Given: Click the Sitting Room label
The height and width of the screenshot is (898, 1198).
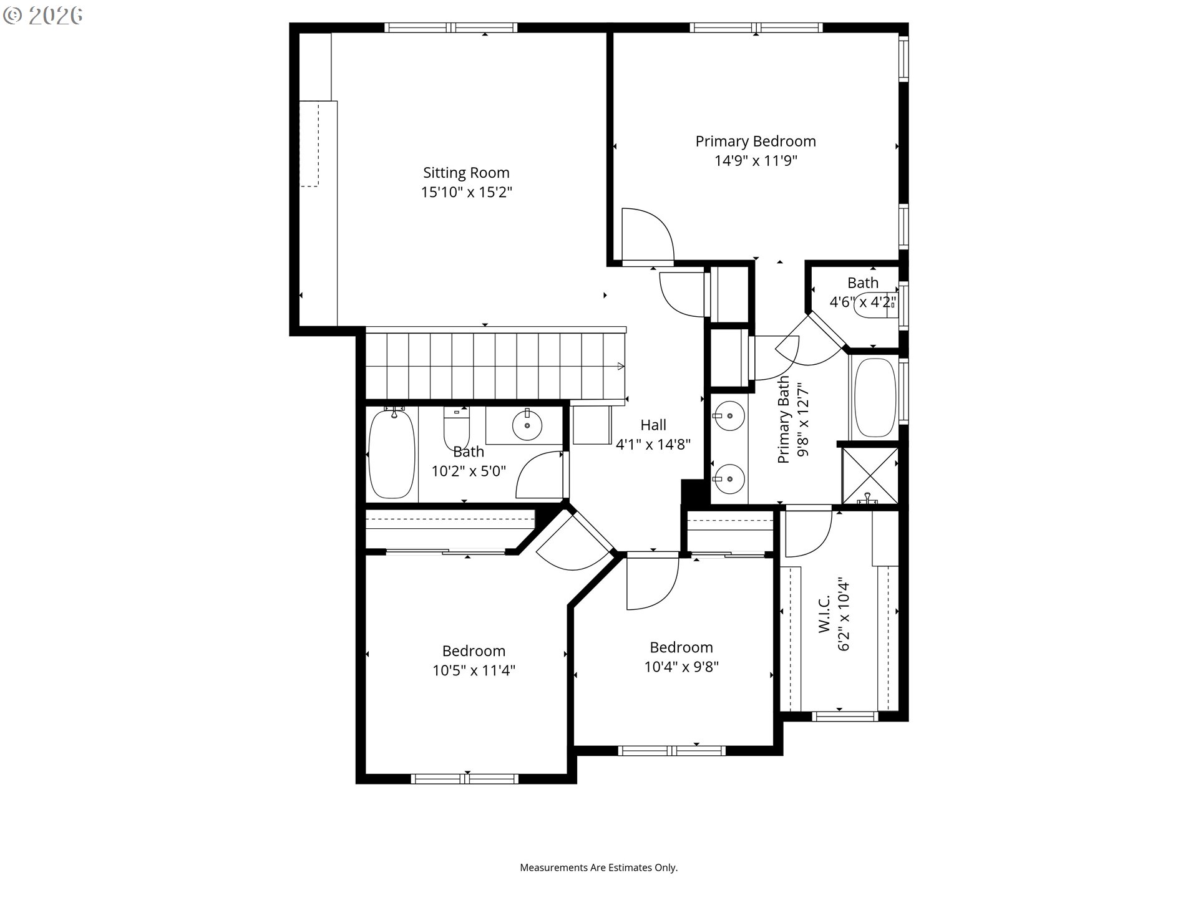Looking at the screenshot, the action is point(466,173).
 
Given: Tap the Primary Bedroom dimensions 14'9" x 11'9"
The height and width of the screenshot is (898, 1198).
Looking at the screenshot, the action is point(756,161).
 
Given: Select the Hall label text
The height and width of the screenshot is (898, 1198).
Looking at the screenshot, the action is point(653,425).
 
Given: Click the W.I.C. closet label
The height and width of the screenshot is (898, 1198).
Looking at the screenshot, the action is point(824,614).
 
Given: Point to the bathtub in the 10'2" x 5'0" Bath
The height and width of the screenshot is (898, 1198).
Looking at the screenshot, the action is point(392,453).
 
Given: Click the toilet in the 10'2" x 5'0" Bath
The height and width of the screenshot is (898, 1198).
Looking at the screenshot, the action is point(456,427).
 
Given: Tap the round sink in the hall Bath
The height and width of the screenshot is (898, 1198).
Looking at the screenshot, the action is point(527,425).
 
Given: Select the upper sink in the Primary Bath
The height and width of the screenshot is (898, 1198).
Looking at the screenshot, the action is point(728,416).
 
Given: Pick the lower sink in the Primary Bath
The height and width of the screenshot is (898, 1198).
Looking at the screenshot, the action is point(728,479).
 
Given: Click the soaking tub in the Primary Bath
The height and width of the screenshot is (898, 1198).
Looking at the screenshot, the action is point(875,398).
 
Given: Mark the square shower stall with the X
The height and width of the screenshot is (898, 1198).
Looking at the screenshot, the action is point(870,475).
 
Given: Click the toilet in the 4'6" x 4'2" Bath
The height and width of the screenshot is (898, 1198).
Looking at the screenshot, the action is point(876,305).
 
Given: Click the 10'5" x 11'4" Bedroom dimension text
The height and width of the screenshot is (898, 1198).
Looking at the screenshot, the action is point(474,670).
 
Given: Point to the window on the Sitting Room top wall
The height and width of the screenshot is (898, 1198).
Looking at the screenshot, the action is point(450,27).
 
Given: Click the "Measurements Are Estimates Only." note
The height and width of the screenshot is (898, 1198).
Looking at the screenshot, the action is point(599,867).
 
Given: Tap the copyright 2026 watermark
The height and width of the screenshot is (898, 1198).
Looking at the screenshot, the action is point(42,16).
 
